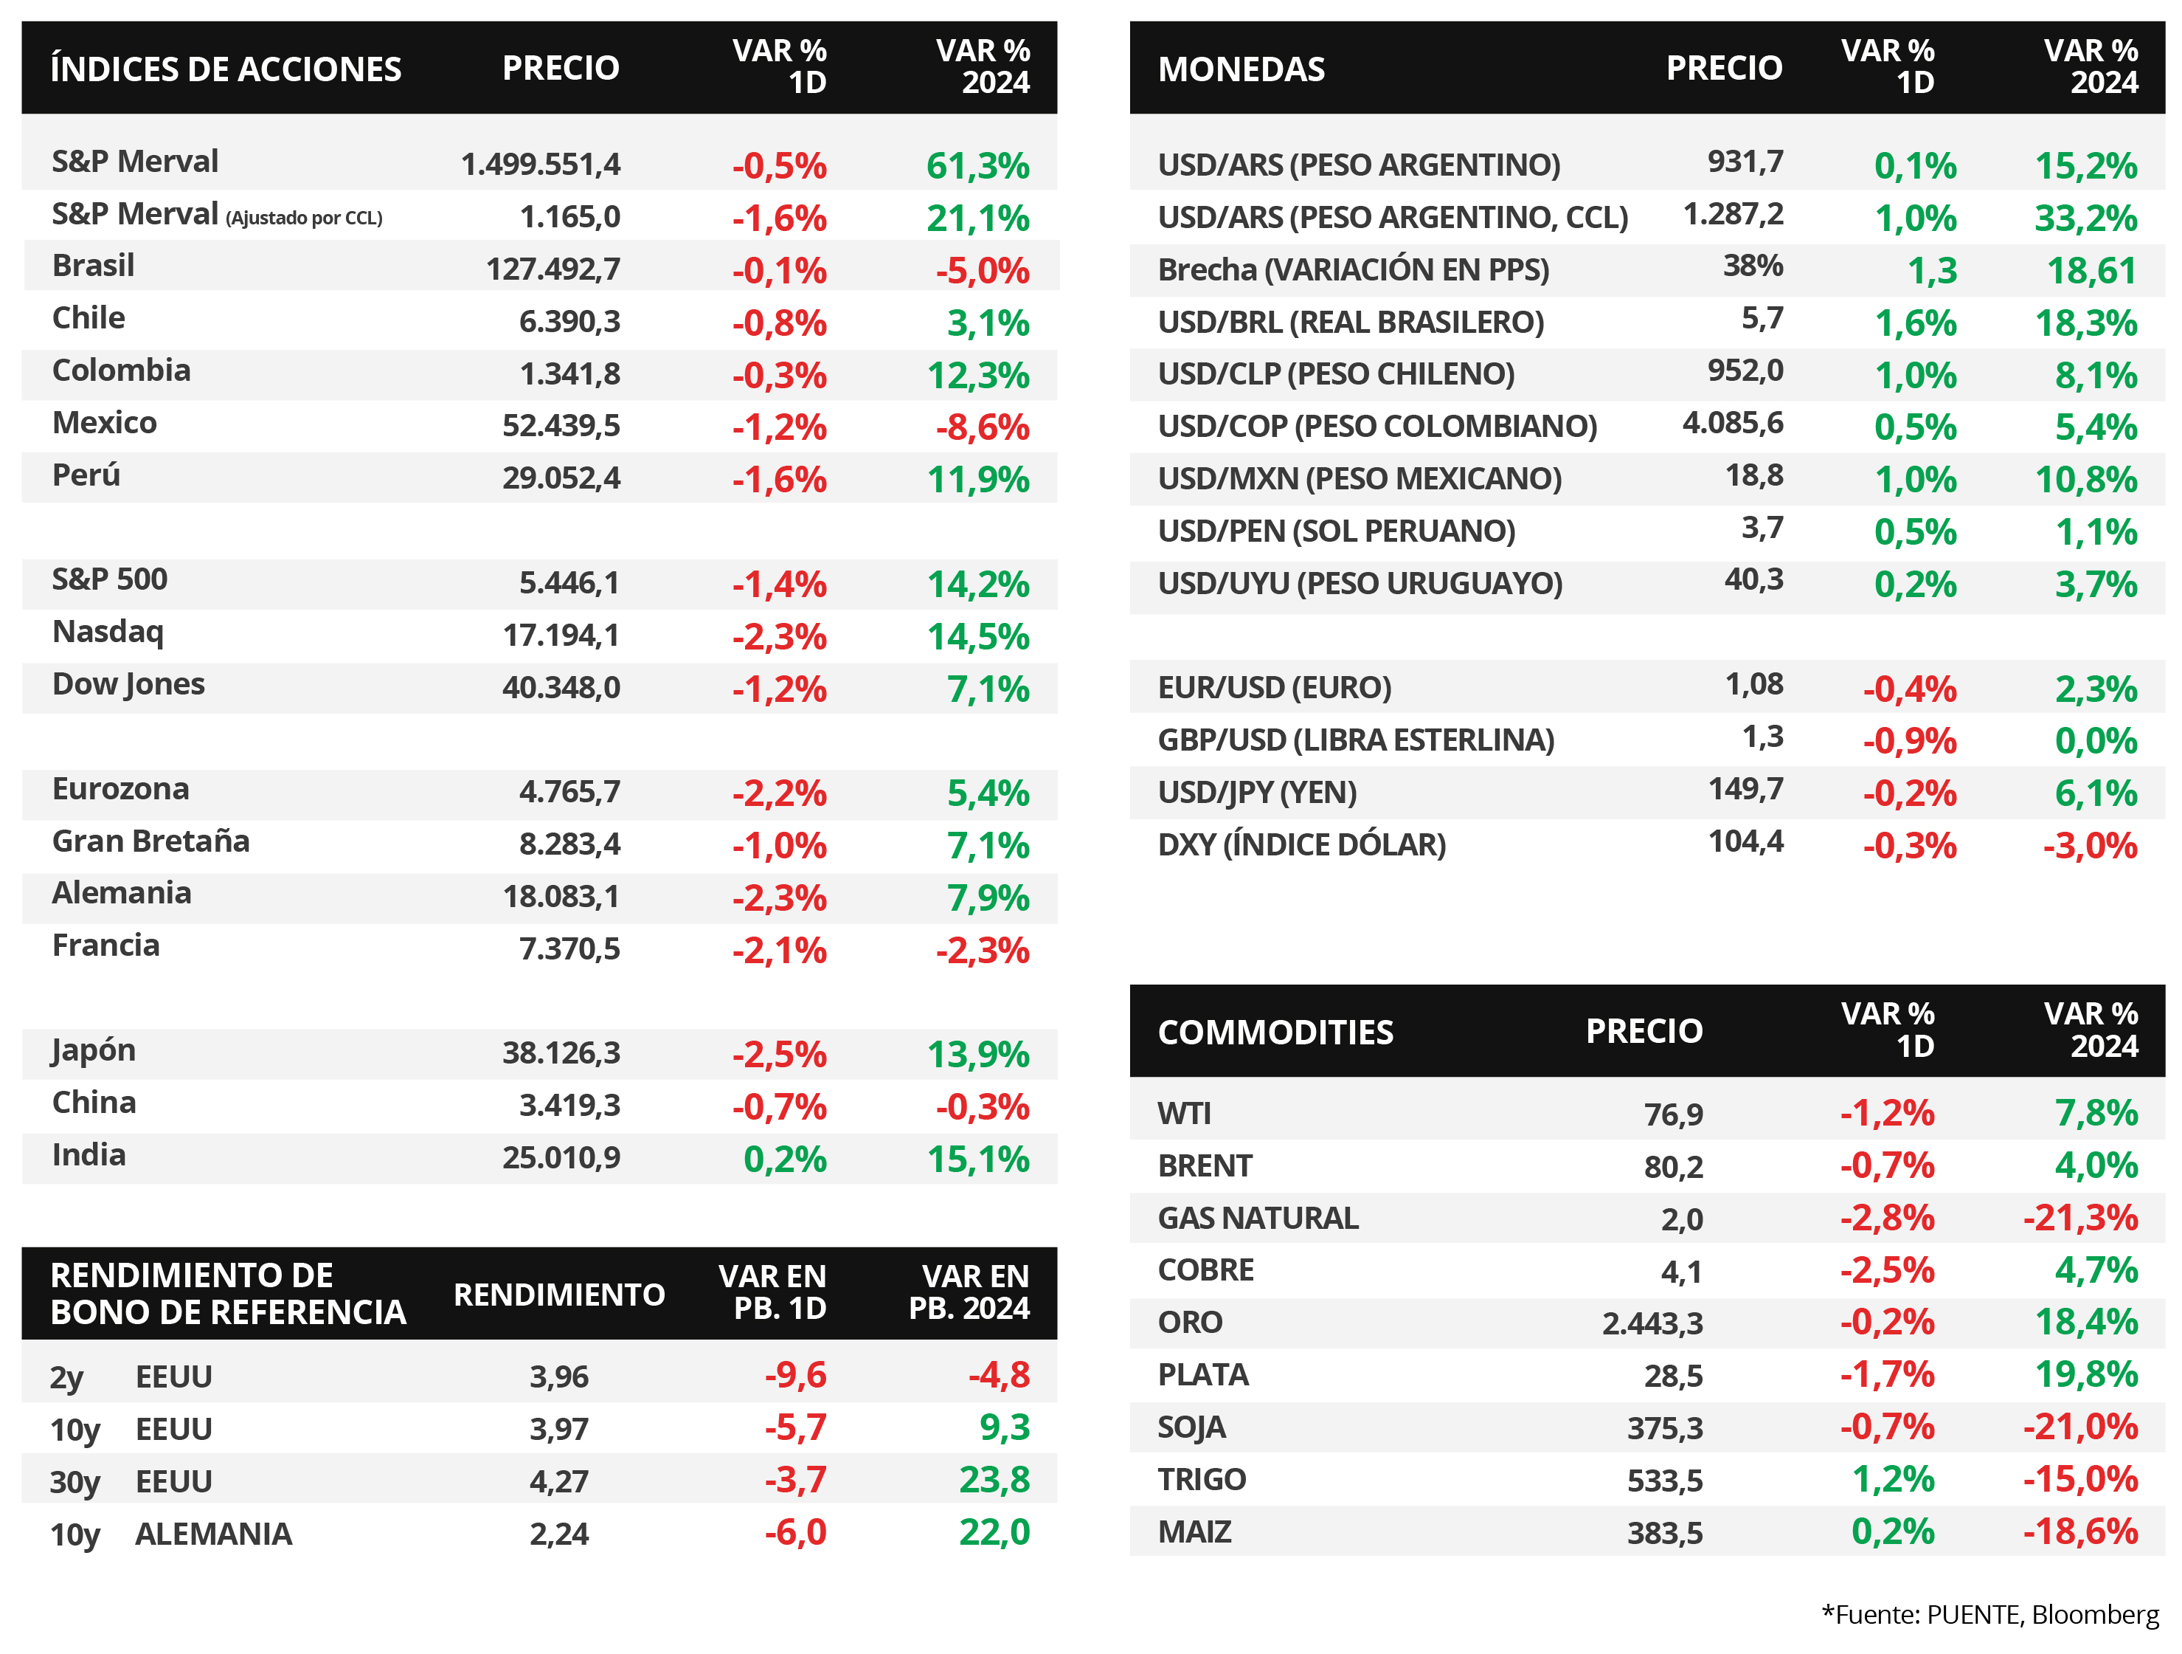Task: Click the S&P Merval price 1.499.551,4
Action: (541, 164)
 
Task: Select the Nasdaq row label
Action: (108, 632)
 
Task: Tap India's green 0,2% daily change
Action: (784, 1159)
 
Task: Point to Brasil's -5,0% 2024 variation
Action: (983, 270)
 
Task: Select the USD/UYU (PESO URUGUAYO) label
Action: (1360, 583)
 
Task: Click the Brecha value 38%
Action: (1753, 266)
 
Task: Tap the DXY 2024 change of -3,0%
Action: (2091, 846)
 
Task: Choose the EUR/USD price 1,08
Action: (1754, 684)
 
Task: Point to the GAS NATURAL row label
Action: (1258, 1218)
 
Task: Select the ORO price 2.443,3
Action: (1652, 1323)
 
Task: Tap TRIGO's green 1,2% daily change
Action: (1893, 1479)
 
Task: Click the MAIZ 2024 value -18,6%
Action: (2080, 1531)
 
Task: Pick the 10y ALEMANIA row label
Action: (170, 1534)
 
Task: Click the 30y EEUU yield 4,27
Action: (558, 1481)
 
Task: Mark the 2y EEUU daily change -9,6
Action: (795, 1375)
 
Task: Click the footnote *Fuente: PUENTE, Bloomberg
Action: (1989, 1615)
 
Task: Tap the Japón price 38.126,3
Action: (561, 1053)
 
